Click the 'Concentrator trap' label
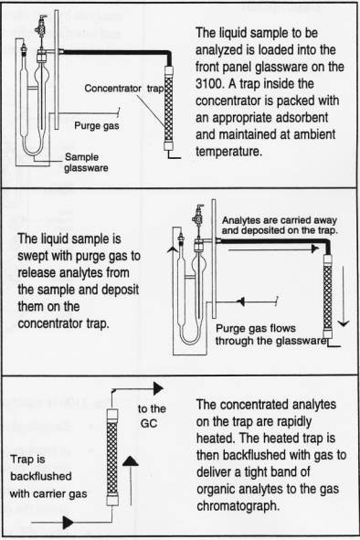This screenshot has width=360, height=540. pos(124,89)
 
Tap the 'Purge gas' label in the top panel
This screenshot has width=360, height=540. pos(97,126)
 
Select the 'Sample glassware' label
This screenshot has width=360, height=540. pos(86,163)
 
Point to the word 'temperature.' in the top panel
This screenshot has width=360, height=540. pos(229,151)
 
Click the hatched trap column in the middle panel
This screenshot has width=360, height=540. pos(328,297)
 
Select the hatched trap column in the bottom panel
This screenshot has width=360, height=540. pos(112,457)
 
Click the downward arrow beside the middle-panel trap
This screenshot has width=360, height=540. pos(344,296)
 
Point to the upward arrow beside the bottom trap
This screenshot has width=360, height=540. pos(131,481)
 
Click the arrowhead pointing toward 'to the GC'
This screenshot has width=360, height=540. pos(158,388)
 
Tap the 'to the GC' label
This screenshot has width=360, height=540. pos(152,416)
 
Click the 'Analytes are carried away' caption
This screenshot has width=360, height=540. pos(280,220)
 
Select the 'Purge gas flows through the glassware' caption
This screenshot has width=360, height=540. pos(270,334)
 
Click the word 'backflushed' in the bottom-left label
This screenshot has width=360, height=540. pos(41,476)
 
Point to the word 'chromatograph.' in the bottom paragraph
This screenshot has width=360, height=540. pos(237,505)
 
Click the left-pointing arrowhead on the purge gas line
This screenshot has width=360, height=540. pos(241,302)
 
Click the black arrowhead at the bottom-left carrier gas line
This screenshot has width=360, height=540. pos(68,523)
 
